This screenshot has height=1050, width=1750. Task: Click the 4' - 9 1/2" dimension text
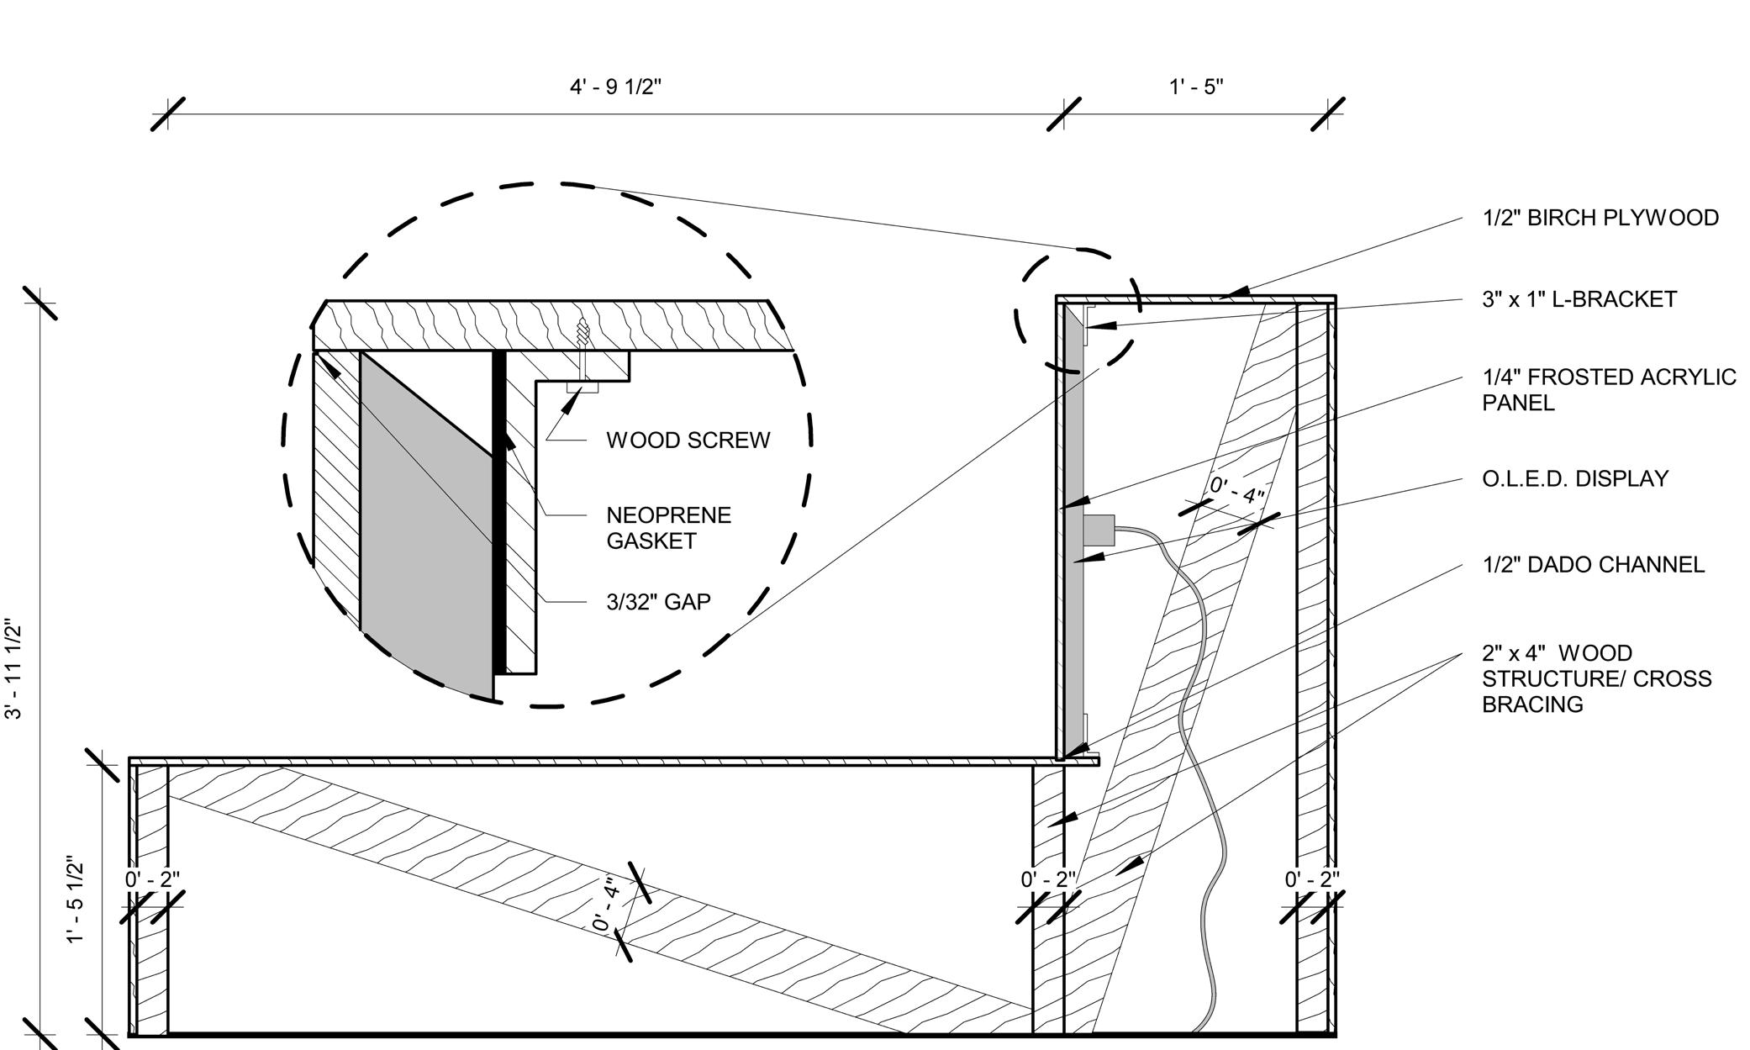(x=616, y=87)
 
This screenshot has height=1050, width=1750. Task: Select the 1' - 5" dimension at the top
(x=1195, y=87)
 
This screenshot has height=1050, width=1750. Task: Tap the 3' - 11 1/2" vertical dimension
(x=14, y=668)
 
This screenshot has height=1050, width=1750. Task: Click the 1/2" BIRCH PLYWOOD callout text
(x=1600, y=218)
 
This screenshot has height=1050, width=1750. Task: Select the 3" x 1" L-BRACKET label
(x=1579, y=299)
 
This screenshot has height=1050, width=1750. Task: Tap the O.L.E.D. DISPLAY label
(x=1575, y=478)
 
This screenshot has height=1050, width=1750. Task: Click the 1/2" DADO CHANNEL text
(x=1594, y=565)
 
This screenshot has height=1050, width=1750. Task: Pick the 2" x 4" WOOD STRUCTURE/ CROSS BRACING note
(x=1596, y=678)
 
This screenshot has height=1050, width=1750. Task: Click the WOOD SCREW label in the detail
(x=688, y=441)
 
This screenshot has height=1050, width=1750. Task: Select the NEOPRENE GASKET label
(x=668, y=528)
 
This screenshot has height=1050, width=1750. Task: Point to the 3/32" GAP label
(x=658, y=602)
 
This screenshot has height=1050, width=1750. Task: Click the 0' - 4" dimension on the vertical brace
(x=1236, y=490)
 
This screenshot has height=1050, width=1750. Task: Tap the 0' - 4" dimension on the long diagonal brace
(x=606, y=904)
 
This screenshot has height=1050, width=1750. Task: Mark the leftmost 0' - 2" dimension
(x=152, y=880)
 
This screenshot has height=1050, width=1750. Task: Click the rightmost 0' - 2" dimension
(x=1312, y=880)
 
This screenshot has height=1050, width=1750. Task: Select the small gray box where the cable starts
(x=1098, y=529)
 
